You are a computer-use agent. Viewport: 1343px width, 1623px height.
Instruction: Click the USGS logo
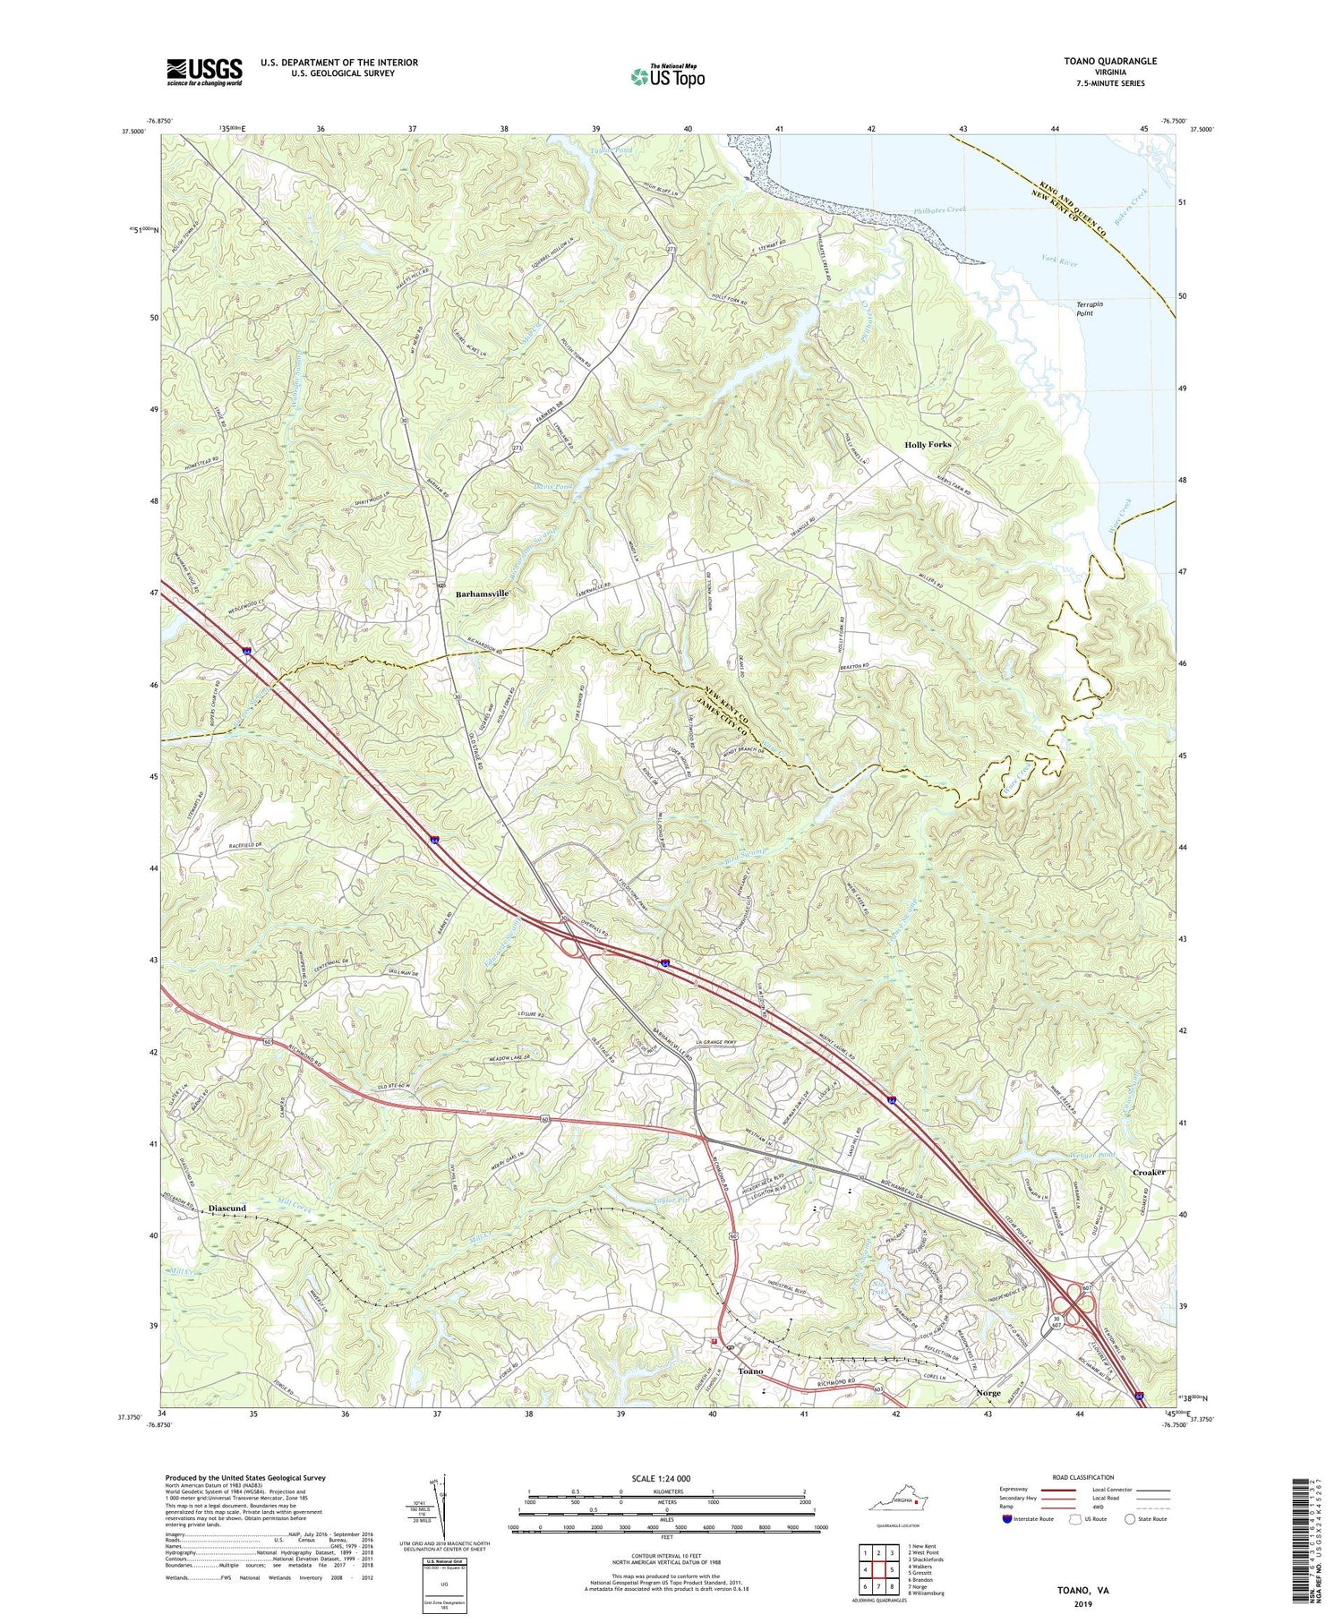[x=204, y=72]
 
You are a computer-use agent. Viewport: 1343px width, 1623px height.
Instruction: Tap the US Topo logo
[x=666, y=76]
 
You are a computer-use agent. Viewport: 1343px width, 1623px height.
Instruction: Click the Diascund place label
[x=227, y=1208]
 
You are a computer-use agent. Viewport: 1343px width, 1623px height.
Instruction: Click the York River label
[x=1060, y=262]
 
